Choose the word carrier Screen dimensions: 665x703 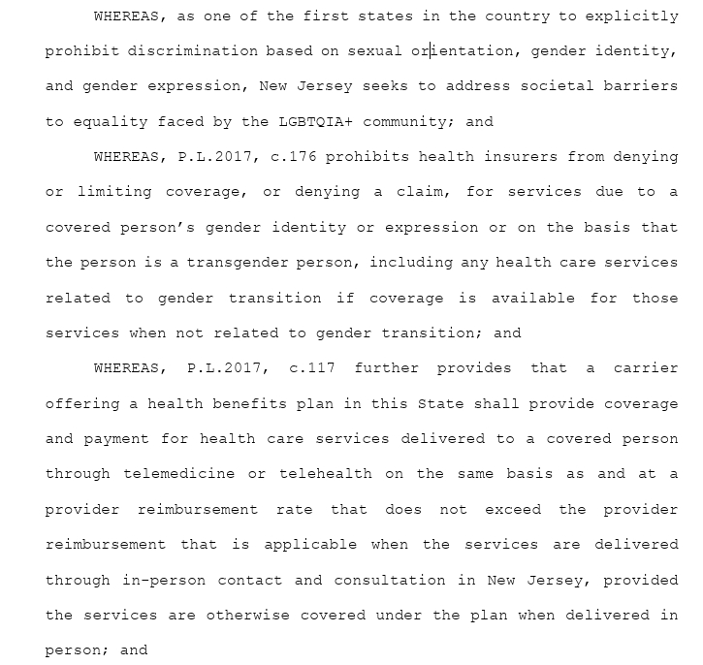click(x=646, y=368)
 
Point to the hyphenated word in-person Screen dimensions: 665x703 click(x=166, y=580)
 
